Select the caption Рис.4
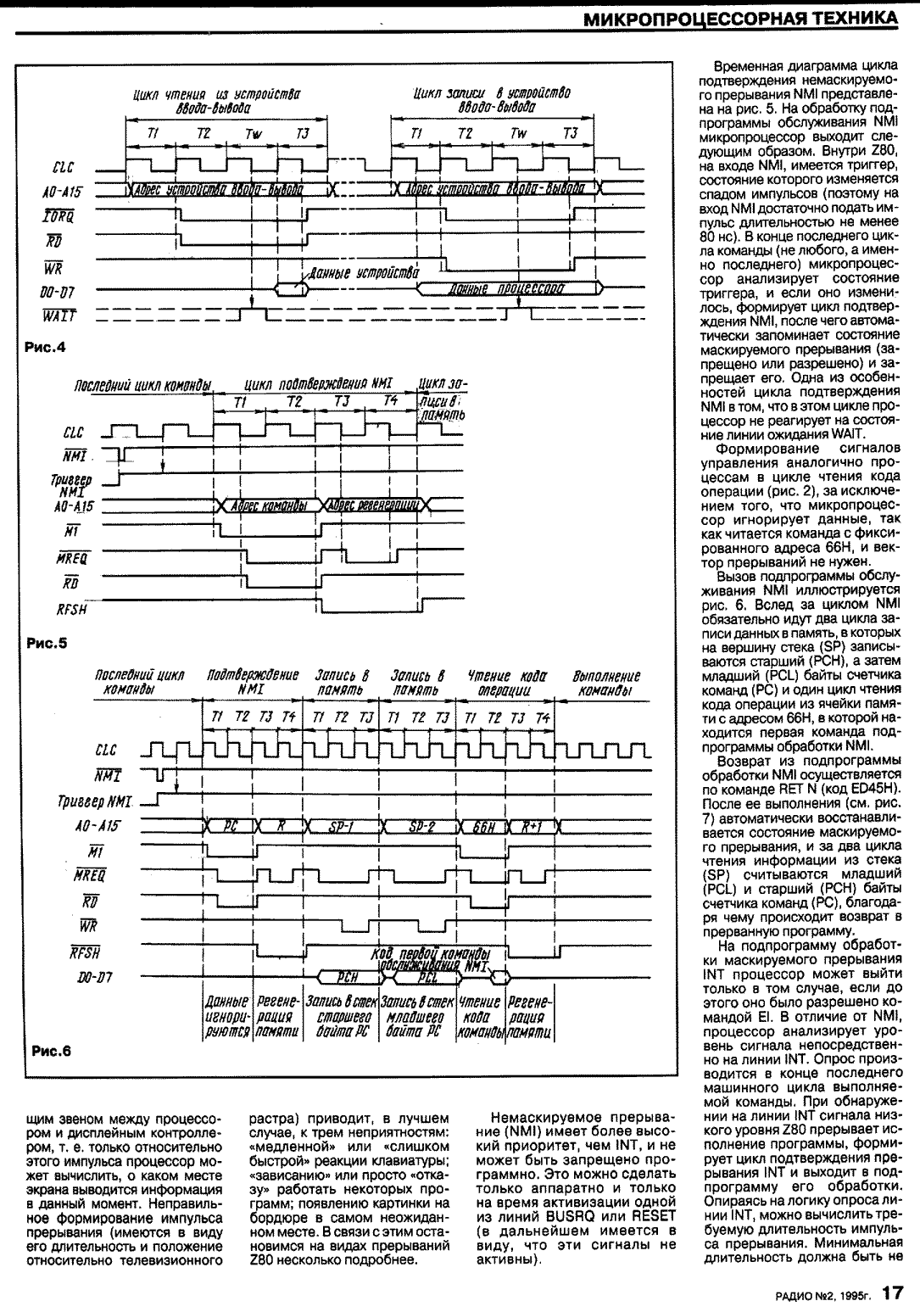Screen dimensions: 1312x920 coord(48,346)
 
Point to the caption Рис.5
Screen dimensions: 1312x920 coord(48,642)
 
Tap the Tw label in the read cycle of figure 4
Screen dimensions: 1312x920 coord(254,134)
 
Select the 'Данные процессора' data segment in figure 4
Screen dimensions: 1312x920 coord(506,288)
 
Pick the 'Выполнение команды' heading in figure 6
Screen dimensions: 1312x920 coord(607,684)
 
